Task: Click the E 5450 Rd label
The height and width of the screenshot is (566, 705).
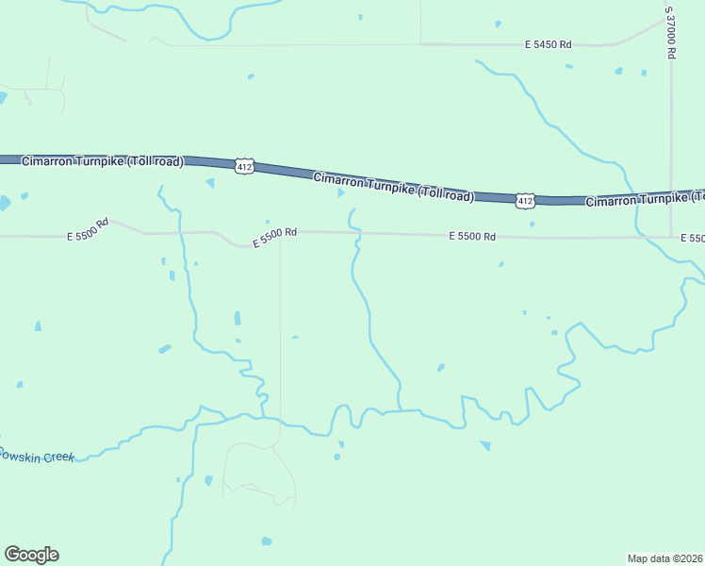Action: [549, 44]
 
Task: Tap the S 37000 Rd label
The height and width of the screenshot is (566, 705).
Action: [670, 33]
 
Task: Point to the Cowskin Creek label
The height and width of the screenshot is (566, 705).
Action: [36, 455]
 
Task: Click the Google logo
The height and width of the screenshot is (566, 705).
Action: [31, 555]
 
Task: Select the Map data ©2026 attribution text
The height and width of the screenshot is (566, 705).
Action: [665, 558]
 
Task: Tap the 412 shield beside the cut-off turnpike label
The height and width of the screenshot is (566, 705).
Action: [525, 200]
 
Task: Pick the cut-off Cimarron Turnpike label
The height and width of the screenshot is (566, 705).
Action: [645, 199]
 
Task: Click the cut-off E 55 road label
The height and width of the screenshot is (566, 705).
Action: [692, 238]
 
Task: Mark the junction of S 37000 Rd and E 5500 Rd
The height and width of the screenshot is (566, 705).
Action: [671, 237]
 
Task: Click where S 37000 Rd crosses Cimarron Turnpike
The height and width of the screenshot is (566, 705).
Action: [671, 195]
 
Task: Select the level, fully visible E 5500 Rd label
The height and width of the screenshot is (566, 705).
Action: [472, 236]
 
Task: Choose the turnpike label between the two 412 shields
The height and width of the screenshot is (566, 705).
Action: [393, 187]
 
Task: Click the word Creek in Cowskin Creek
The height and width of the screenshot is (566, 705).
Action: [57, 457]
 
